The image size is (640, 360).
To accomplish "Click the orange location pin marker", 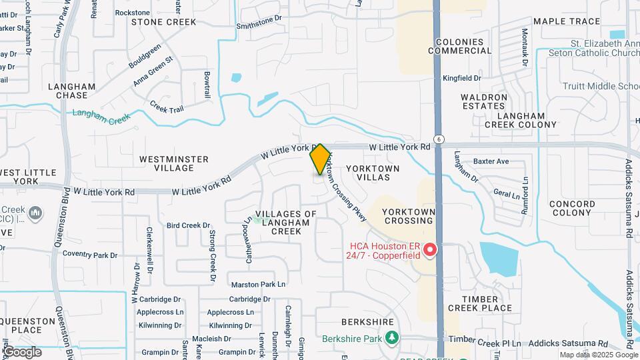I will pyautogui.click(x=320, y=159).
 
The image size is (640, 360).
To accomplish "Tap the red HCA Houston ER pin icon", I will pyautogui.click(x=430, y=251).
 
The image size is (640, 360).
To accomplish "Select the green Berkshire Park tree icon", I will pyautogui.click(x=393, y=338).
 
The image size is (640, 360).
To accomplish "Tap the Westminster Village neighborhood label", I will pyautogui.click(x=174, y=164).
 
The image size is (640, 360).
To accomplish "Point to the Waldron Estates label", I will pyautogui.click(x=484, y=101).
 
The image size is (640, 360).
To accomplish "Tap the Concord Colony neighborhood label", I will pyautogui.click(x=573, y=208).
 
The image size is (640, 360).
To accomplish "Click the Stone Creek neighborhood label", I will pyautogui.click(x=164, y=22).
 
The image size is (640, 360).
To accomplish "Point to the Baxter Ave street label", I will pyautogui.click(x=491, y=161).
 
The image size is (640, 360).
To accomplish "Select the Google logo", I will pyautogui.click(x=23, y=351).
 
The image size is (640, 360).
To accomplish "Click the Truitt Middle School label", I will pyautogui.click(x=601, y=87).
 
